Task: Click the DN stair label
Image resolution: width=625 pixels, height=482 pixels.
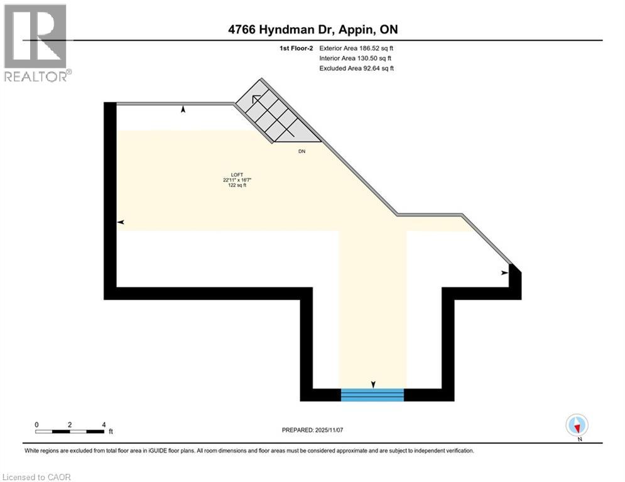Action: point(302,151)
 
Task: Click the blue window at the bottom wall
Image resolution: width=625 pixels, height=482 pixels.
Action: point(372,394)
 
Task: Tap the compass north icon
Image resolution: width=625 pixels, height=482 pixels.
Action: point(576,425)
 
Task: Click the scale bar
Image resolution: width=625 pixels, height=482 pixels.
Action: point(70,431)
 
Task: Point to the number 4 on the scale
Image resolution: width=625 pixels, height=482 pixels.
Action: point(104,424)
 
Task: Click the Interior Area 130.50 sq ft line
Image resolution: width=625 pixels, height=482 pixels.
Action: point(357,58)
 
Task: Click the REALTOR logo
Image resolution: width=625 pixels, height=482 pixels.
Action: point(36,42)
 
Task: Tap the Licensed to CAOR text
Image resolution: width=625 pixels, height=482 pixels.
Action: point(37,477)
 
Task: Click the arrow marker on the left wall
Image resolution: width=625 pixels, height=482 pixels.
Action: point(121,222)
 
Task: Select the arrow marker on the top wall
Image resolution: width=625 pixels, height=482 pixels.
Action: point(183,109)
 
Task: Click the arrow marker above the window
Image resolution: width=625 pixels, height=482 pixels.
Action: point(373,384)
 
